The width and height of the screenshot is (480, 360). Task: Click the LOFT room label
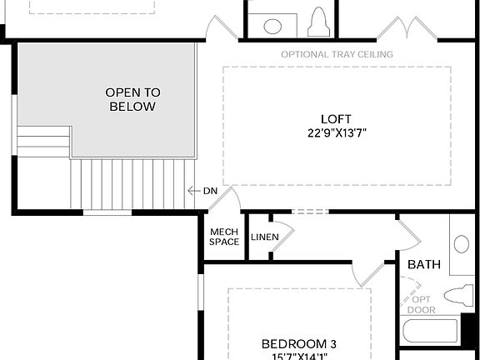pos(336,118)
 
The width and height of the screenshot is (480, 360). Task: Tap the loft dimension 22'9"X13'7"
pos(336,132)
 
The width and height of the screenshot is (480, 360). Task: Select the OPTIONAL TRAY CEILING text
pos(337,54)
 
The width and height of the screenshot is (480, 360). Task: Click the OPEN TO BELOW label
pos(132,99)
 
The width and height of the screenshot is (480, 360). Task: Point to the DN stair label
pos(210,191)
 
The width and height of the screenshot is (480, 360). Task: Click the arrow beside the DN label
pos(193,191)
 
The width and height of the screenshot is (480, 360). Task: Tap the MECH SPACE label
pos(224,237)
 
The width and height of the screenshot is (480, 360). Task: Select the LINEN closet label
pos(264,237)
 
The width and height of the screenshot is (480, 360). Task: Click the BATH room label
pos(423,264)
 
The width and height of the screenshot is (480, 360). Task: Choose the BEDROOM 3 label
pos(299,344)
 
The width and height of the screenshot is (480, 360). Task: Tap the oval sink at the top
pos(273,26)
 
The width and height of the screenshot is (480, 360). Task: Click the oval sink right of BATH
pos(462,245)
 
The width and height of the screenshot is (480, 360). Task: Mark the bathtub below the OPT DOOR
pos(429,332)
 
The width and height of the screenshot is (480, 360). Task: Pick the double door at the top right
pos(406,29)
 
